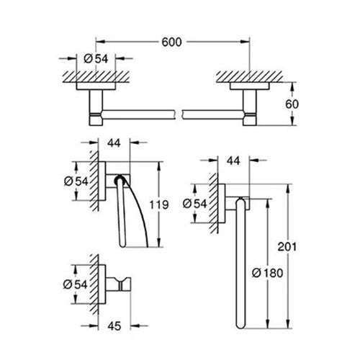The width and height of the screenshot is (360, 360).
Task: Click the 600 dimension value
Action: [x=171, y=42]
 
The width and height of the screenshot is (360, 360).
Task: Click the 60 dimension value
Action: [x=292, y=104]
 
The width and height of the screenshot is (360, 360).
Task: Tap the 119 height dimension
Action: [x=159, y=204]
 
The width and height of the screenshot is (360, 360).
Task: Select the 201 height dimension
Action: [x=287, y=247]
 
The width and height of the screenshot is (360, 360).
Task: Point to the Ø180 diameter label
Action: [x=267, y=273]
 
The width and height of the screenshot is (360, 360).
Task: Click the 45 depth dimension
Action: [x=114, y=326]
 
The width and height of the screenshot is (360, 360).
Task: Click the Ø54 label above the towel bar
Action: [x=96, y=59]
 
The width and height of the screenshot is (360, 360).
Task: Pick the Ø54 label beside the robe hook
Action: [x=75, y=284]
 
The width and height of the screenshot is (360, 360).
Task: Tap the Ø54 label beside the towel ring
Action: [x=194, y=204]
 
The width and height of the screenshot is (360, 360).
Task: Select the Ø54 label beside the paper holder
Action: [x=76, y=181]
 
